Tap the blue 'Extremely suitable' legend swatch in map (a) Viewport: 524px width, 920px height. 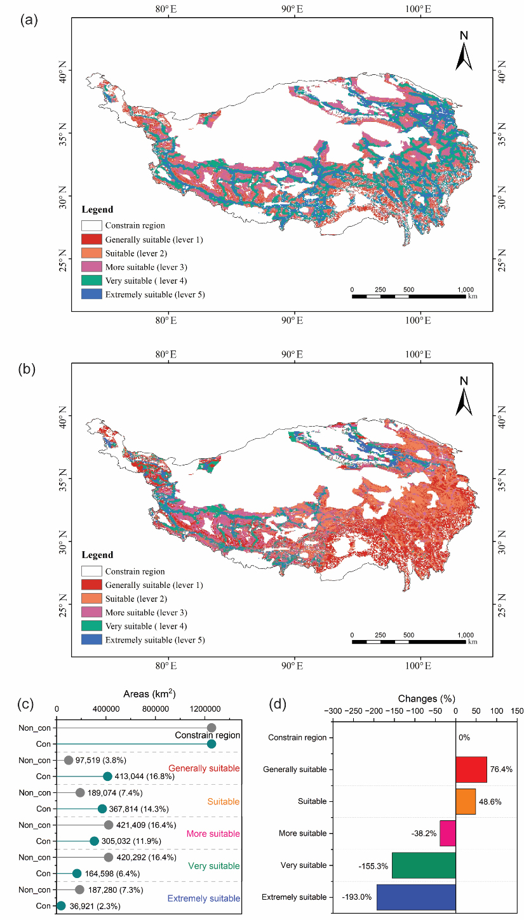(x=91, y=295)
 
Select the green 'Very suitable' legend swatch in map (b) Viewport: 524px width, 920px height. (x=91, y=626)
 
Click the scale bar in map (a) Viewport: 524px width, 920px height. (x=408, y=296)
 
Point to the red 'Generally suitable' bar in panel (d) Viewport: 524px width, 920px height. (x=471, y=769)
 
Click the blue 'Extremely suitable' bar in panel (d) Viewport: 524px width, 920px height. (x=416, y=897)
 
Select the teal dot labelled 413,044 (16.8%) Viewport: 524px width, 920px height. (x=107, y=776)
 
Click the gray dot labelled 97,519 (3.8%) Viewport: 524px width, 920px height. (x=69, y=760)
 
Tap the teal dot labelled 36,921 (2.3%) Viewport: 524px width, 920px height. (x=61, y=906)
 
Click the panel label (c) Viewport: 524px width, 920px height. (x=27, y=703)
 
